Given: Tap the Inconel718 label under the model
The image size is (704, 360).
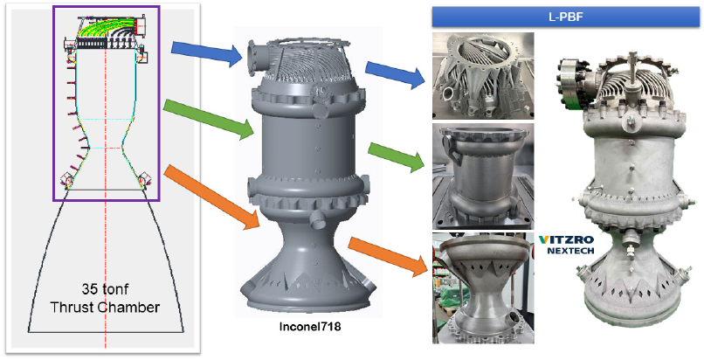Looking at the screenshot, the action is point(310,326).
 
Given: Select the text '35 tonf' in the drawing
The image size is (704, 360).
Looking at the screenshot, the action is point(105,288).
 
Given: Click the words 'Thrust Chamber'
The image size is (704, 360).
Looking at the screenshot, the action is point(105,308).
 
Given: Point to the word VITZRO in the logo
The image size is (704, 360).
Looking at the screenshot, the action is point(566,239).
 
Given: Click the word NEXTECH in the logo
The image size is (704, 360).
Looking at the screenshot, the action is point(570,251).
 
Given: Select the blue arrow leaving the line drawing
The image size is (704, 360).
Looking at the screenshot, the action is point(206,54).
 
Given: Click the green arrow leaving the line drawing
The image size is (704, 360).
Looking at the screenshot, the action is point(209,120).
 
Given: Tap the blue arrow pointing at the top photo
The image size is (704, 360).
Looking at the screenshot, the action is point(395,74).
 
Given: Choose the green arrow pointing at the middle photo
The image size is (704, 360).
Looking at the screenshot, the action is point(396,156).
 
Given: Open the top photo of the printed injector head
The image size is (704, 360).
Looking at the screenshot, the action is point(483,75).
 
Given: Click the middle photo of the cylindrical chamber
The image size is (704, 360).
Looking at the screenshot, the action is point(483,177).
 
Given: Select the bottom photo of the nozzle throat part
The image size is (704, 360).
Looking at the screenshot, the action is point(483,288).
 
